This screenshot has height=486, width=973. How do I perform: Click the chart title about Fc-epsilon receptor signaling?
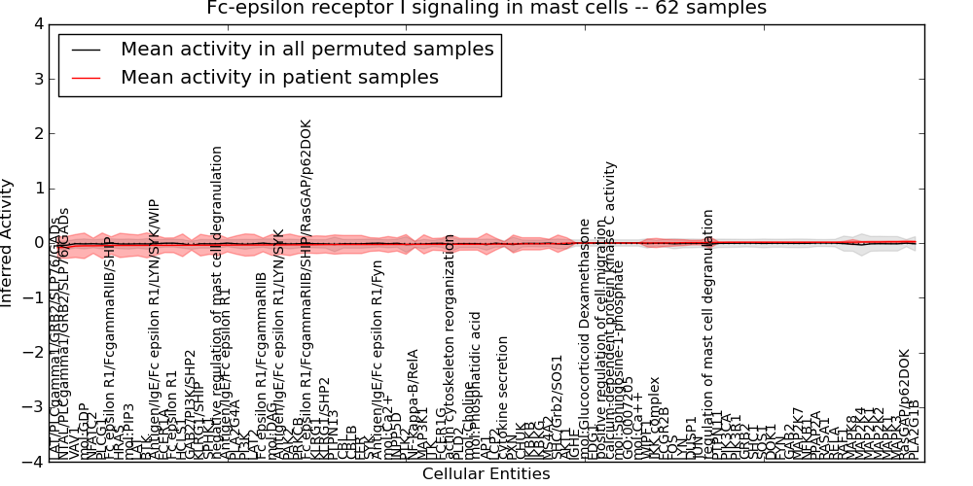click(x=486, y=9)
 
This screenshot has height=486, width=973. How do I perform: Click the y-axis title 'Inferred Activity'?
click(x=8, y=242)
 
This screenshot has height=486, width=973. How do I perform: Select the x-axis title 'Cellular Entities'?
click(x=486, y=474)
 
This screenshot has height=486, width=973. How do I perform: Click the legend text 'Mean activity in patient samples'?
click(x=279, y=77)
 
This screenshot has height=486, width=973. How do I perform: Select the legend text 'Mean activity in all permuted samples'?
click(x=306, y=49)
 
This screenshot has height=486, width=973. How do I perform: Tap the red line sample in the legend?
click(x=86, y=78)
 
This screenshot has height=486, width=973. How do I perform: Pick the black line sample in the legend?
click(x=86, y=50)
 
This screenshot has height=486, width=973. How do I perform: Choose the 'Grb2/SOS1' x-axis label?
click(x=558, y=403)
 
